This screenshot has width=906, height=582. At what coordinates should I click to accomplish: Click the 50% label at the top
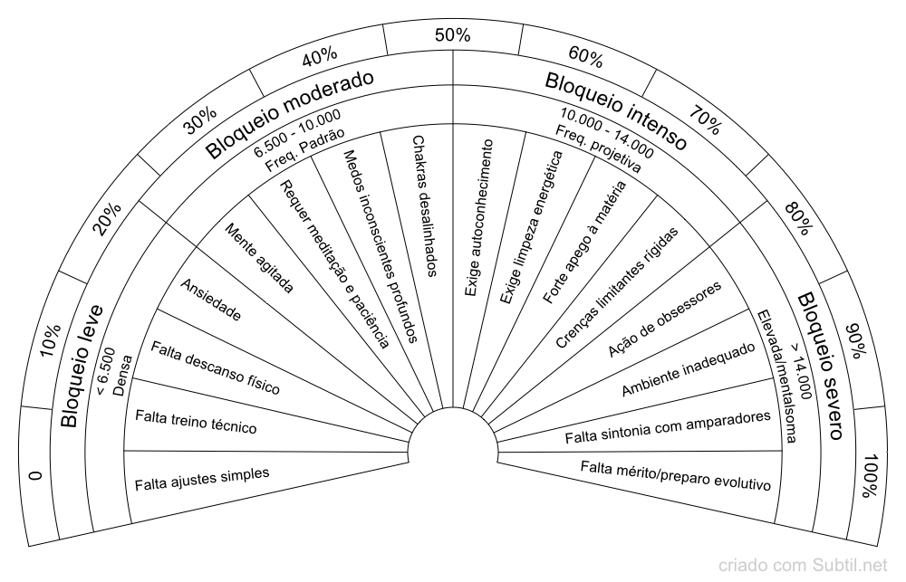452,35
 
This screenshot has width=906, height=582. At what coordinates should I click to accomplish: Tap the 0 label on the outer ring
36,476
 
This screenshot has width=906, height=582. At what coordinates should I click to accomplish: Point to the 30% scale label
200,120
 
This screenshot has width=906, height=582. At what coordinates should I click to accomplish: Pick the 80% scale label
798,218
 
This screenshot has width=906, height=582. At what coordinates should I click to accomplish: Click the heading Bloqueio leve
82,366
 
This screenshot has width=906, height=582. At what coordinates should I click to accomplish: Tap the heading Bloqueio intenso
616,110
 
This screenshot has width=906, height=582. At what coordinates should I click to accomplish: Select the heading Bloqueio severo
822,366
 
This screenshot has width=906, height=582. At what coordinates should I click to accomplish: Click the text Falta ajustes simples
202,479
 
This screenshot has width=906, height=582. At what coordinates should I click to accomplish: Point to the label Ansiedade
211,300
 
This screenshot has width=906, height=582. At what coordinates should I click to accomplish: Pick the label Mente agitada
259,258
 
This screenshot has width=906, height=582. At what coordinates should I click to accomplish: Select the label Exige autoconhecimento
479,217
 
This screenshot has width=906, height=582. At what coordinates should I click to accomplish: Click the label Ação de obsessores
664,320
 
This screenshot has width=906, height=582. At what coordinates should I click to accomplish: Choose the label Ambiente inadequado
689,369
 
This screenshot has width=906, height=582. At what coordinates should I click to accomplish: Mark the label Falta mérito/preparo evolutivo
676,475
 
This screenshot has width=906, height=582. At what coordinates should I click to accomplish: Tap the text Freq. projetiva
598,149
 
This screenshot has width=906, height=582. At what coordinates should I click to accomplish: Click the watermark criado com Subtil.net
802,565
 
